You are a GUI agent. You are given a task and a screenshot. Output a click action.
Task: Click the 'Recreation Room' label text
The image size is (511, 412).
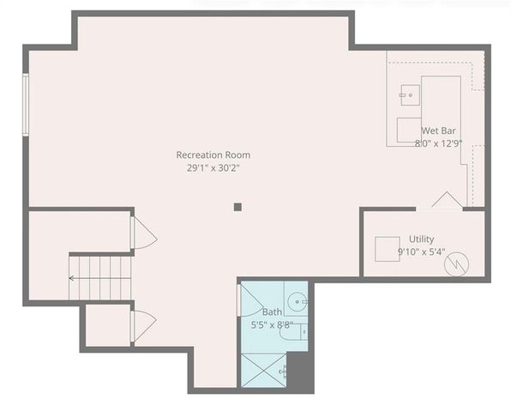click(x=213, y=154)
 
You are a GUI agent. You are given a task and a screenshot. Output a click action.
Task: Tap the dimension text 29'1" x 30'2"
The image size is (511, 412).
click(x=213, y=168)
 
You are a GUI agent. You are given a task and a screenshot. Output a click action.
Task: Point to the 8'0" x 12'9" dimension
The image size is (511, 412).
click(x=438, y=143)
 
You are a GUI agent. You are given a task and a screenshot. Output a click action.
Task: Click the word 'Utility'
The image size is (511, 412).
click(x=420, y=239)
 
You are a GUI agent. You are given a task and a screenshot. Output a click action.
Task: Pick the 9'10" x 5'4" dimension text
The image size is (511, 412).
click(x=421, y=252)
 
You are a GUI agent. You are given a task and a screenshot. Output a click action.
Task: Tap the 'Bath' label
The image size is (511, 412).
click(x=272, y=312)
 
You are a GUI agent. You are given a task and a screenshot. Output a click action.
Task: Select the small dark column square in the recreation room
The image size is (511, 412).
click(x=238, y=206)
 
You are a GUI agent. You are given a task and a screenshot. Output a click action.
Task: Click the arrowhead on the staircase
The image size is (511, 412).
click(x=71, y=278)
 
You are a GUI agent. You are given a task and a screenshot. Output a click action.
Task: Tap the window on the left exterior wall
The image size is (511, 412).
click(x=26, y=104)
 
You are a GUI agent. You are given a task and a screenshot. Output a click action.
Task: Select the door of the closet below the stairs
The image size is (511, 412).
click(x=141, y=325)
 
